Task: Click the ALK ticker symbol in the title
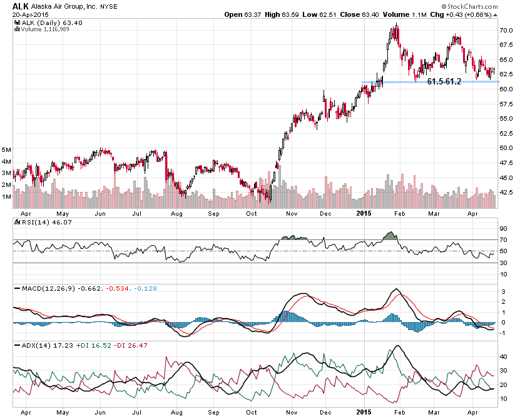12,6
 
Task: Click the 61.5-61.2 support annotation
444,81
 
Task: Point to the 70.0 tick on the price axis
506,30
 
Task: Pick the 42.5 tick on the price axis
506,192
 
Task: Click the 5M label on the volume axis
8,150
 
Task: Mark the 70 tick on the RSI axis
503,239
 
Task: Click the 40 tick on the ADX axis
503,356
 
